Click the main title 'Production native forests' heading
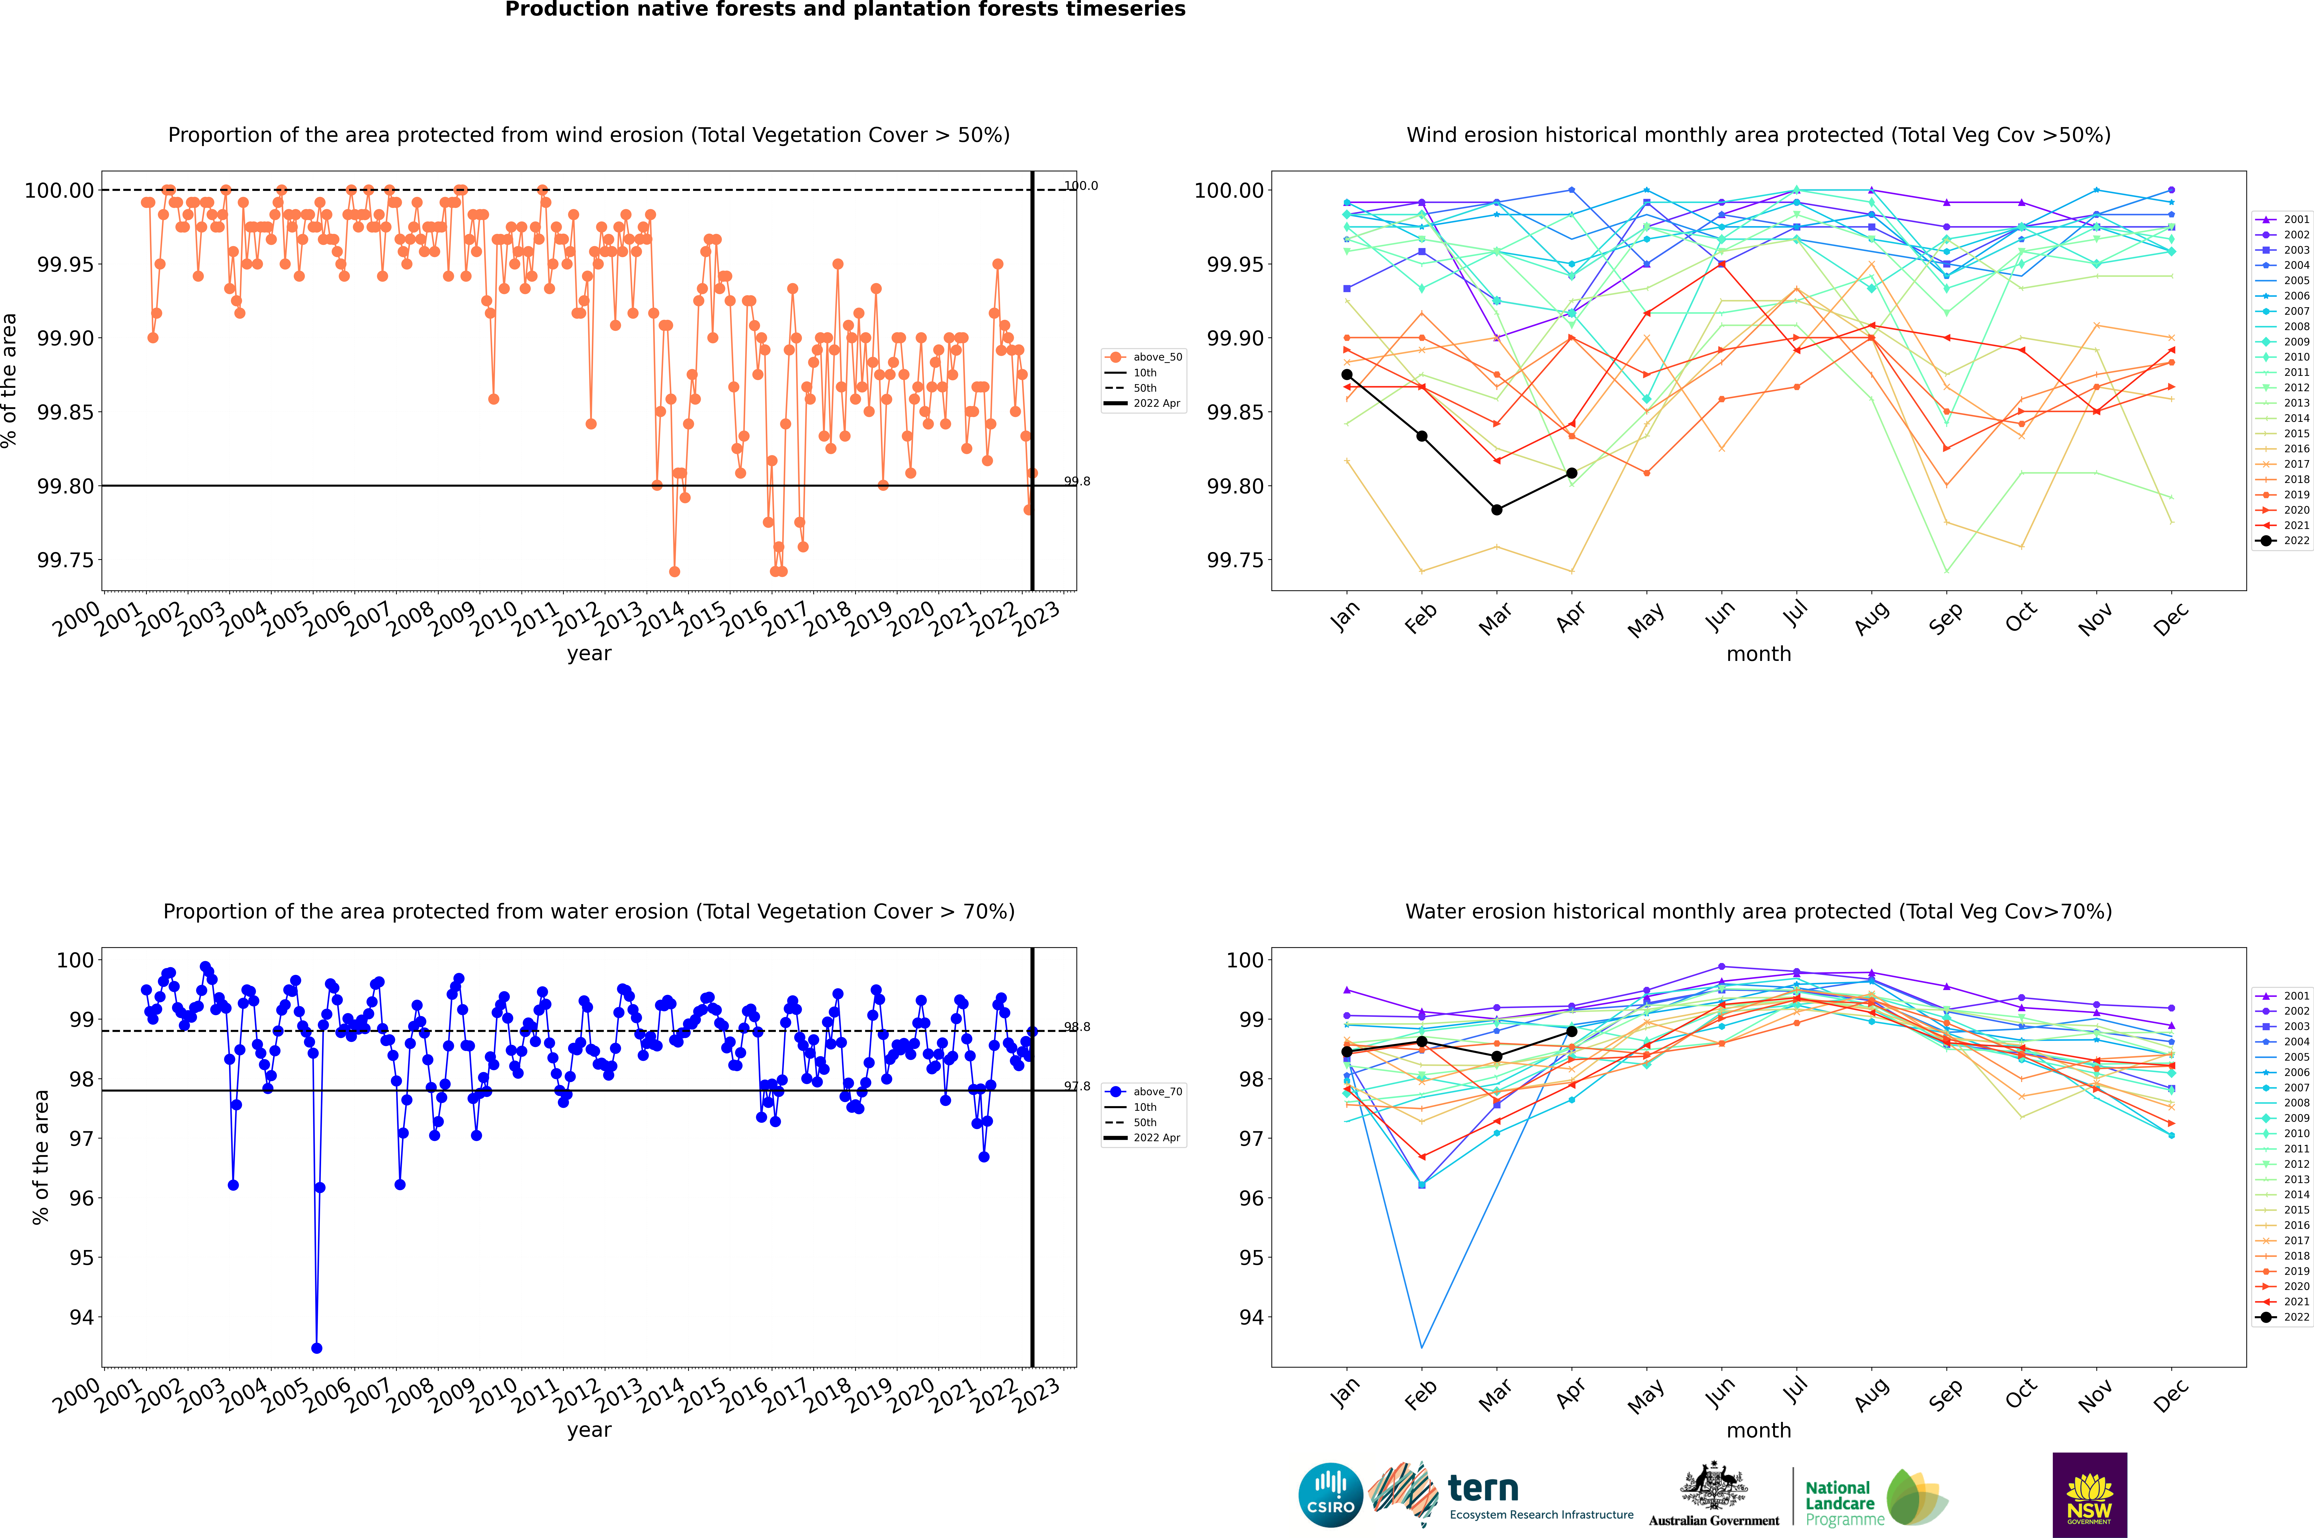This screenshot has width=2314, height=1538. [845, 10]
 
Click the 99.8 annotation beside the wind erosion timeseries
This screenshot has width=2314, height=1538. [1077, 482]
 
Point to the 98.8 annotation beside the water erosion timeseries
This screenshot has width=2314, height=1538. [1077, 1027]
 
